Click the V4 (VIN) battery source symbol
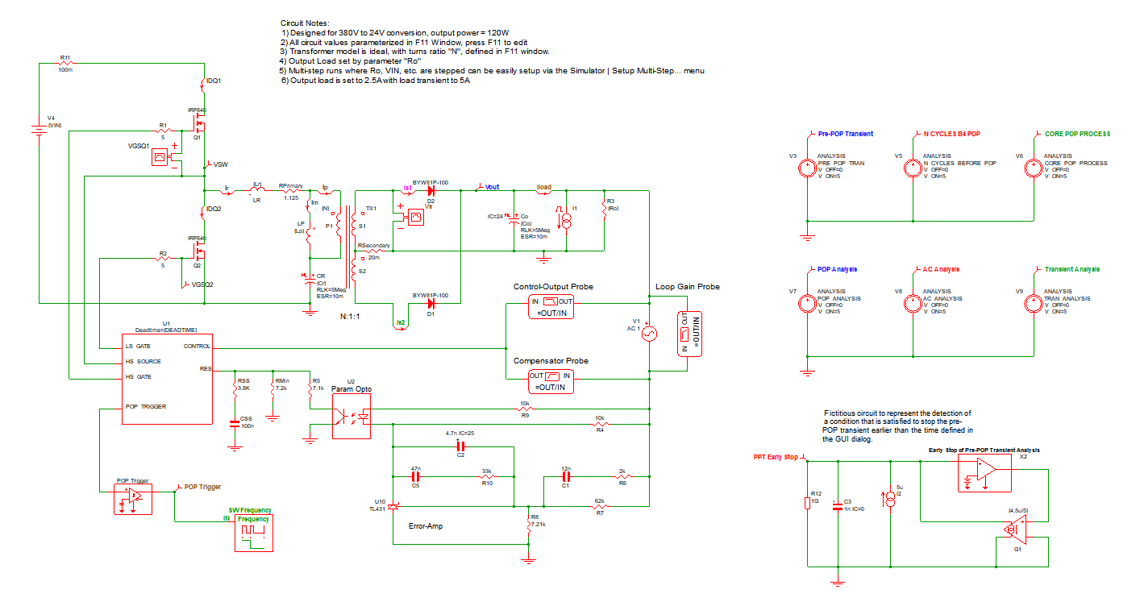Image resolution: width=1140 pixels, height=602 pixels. click(x=38, y=130)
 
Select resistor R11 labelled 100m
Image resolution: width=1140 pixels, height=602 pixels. click(x=65, y=64)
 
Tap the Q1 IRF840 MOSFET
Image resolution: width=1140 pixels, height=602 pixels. click(x=199, y=125)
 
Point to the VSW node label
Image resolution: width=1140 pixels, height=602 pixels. click(x=219, y=164)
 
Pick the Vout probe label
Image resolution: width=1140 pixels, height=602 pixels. click(x=491, y=187)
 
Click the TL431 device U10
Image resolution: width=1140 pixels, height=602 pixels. click(x=393, y=506)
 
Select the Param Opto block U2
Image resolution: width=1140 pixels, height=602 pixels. click(x=352, y=416)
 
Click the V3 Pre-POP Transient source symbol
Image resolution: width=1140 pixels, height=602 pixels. click(x=805, y=168)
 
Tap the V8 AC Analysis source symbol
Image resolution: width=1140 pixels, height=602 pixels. click(x=912, y=304)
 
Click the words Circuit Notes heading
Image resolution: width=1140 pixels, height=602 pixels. click(x=306, y=23)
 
